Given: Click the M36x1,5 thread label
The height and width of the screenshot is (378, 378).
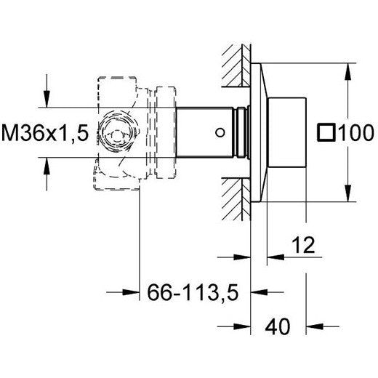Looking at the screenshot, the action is [45, 132].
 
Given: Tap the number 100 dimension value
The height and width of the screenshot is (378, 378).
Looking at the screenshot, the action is [356, 132].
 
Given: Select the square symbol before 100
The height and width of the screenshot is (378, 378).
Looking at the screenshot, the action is [326, 132].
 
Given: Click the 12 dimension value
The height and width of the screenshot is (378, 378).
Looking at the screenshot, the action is [303, 245].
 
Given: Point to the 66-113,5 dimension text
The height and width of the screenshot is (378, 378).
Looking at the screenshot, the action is [193, 292].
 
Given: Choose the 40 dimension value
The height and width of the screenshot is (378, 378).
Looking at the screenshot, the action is [278, 326].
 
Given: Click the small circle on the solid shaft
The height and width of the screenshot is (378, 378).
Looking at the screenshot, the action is [220, 132].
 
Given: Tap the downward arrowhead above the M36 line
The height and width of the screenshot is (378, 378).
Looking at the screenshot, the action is [47, 99].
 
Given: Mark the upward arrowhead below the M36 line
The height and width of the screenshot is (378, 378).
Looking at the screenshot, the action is [47, 166].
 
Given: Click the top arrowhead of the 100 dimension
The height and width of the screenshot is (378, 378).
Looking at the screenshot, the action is [347, 71].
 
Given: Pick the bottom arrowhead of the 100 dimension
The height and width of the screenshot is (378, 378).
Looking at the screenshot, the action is [347, 193].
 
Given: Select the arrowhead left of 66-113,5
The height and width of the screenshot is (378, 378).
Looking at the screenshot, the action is [131, 292].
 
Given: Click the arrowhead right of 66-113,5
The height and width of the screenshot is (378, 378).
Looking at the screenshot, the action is [260, 292].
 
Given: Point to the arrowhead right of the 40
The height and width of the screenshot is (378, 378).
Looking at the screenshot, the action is [315, 326].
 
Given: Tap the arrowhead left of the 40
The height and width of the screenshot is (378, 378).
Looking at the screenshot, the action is [242, 326].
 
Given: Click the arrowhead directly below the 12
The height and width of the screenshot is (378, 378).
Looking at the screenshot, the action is [276, 257].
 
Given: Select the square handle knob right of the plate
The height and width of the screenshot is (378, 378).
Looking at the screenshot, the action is [287, 132].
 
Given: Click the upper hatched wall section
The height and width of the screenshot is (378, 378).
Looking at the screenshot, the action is [236, 65].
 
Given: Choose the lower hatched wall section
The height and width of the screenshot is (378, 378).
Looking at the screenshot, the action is [236, 199].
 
